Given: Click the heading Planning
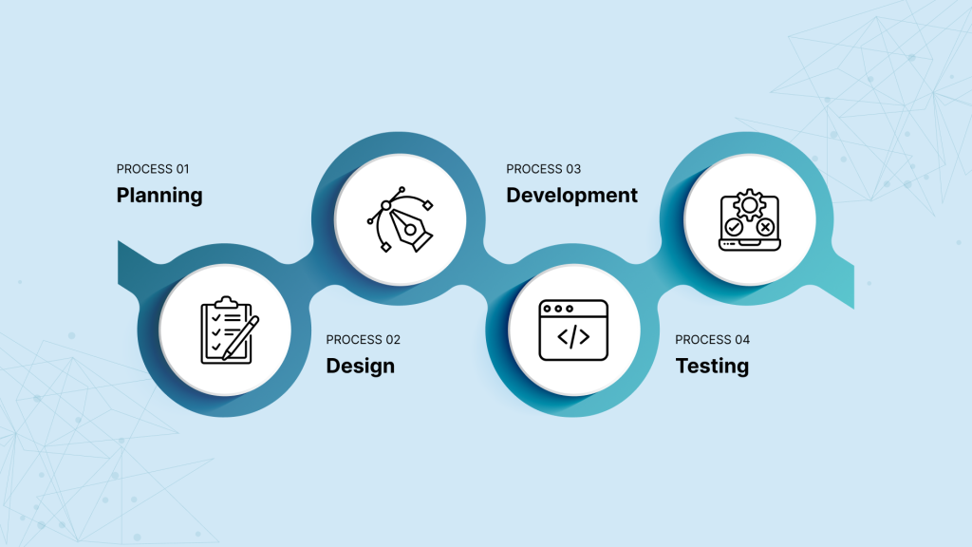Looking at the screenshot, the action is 159,196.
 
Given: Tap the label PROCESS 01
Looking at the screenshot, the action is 153,169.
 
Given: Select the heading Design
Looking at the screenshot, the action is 360,366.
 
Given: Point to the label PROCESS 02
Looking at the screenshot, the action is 364,339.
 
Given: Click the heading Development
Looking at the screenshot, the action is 571,196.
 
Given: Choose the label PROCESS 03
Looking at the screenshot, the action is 544,169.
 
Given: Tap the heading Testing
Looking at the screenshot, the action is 712,366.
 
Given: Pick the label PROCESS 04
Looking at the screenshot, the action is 712,339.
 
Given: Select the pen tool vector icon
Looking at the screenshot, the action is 401,219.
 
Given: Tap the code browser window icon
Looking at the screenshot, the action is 573,330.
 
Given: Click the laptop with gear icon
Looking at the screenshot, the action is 750,220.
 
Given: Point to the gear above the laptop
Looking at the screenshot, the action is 750,205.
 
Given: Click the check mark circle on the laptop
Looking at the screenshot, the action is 734,227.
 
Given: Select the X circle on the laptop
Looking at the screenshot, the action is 766,227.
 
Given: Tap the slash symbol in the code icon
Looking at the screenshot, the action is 573,337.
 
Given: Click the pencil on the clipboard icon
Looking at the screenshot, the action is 240,338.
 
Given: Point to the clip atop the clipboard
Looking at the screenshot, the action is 226,302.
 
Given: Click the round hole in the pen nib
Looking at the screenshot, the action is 410,230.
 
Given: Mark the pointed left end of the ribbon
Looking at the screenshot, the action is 119,241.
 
